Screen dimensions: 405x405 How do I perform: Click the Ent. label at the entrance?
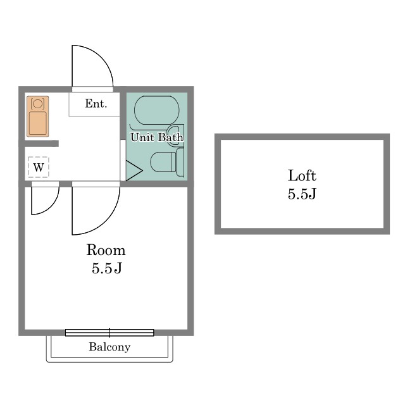[x=96, y=104]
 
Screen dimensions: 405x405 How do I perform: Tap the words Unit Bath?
[x=157, y=137]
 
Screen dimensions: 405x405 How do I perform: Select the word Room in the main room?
[x=106, y=250]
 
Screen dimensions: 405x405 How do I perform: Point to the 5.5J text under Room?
[x=107, y=268]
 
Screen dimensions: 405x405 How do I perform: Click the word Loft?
[x=302, y=176]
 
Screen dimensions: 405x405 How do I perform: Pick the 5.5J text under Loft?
[x=302, y=194]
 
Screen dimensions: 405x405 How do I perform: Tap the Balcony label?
[x=109, y=347]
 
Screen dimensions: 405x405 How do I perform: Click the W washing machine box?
[x=39, y=167]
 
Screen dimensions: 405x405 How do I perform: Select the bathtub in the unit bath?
[x=157, y=110]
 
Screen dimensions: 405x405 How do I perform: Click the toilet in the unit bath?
[x=167, y=162]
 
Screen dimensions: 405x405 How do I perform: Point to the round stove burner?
[x=38, y=104]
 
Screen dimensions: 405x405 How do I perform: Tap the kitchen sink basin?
[x=38, y=123]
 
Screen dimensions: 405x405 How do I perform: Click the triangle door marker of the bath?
[x=134, y=170]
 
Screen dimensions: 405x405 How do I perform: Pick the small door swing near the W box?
[x=50, y=208]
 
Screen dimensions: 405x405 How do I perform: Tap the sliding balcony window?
[x=109, y=333]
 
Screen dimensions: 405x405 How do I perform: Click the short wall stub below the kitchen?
[x=42, y=144]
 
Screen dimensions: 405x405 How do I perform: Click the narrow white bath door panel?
[x=123, y=160]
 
